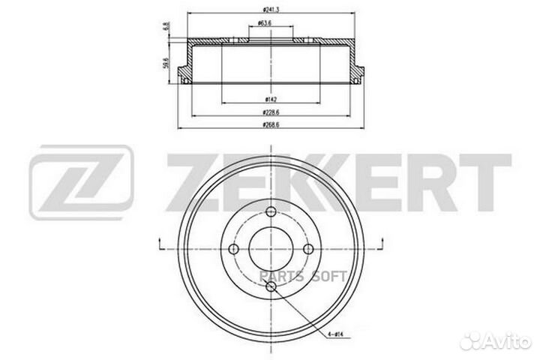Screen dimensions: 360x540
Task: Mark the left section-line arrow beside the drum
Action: click(x=160, y=244)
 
